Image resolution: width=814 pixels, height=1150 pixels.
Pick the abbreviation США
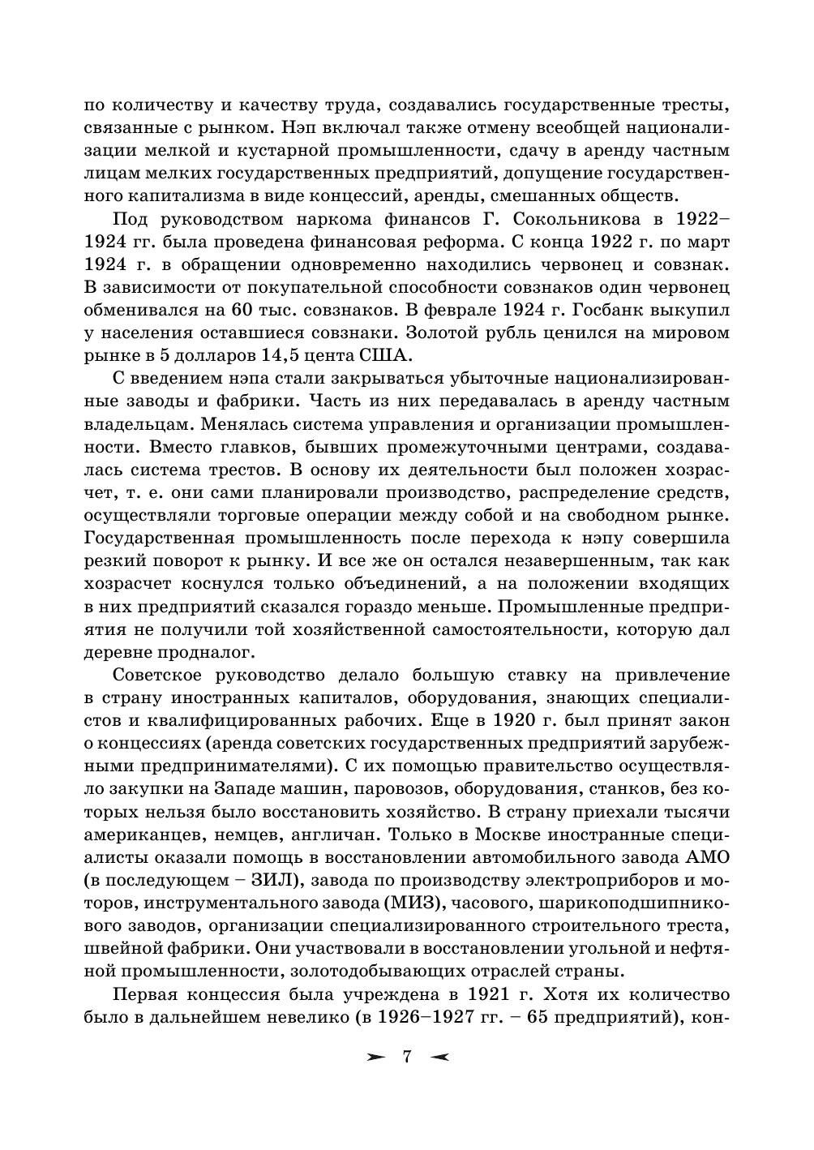(384, 355)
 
